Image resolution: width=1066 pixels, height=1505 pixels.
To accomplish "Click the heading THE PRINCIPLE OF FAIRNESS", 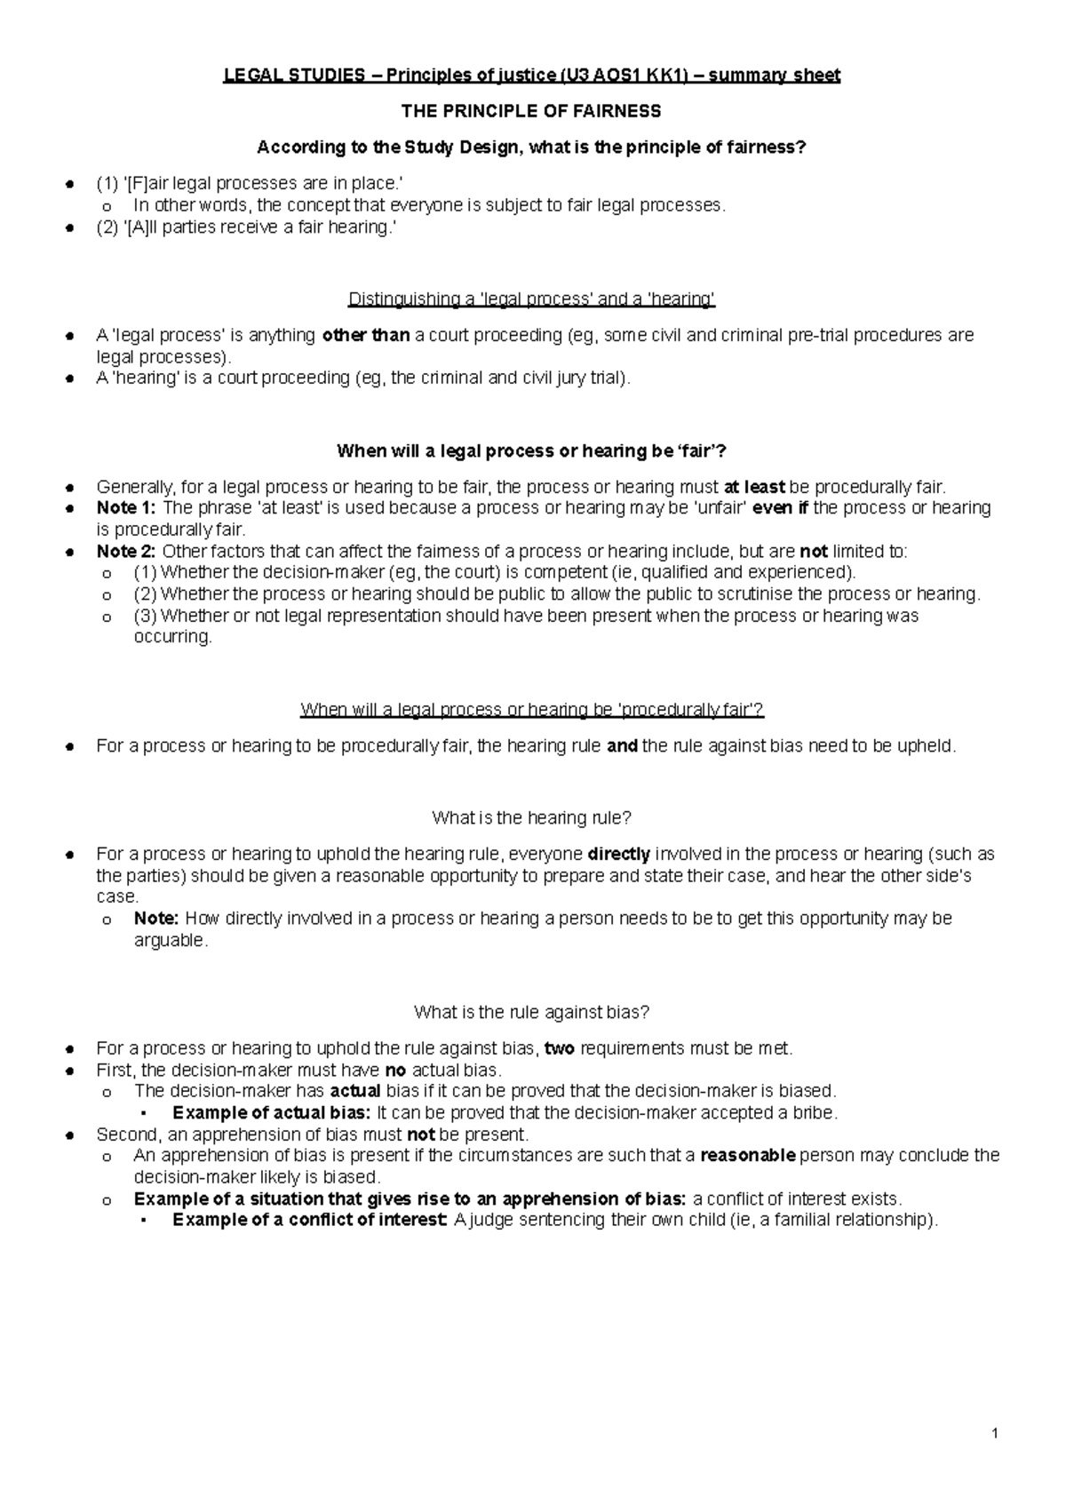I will click(531, 111).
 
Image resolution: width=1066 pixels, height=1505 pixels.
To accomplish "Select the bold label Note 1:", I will click(126, 508).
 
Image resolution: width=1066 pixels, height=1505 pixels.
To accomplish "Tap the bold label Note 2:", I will click(126, 552).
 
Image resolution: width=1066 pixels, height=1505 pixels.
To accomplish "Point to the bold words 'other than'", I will click(365, 336).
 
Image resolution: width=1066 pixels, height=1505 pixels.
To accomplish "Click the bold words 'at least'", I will click(754, 487).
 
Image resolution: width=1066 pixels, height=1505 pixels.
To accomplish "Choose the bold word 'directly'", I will click(619, 855).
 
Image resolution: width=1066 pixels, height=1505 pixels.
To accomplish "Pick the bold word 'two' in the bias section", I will click(560, 1048).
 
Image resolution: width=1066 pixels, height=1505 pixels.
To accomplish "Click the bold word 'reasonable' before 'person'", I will click(748, 1156).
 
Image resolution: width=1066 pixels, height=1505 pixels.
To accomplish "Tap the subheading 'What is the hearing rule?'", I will click(531, 817).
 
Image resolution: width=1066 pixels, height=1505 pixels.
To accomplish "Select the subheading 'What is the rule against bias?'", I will click(531, 1012).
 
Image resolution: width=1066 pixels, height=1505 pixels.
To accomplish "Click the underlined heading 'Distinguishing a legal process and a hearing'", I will click(531, 299).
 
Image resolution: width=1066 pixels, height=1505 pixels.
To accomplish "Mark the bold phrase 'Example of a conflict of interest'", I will click(310, 1220).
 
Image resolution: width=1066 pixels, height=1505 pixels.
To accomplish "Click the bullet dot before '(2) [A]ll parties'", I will click(68, 227).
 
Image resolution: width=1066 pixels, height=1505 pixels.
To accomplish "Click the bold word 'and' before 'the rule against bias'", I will click(622, 746).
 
